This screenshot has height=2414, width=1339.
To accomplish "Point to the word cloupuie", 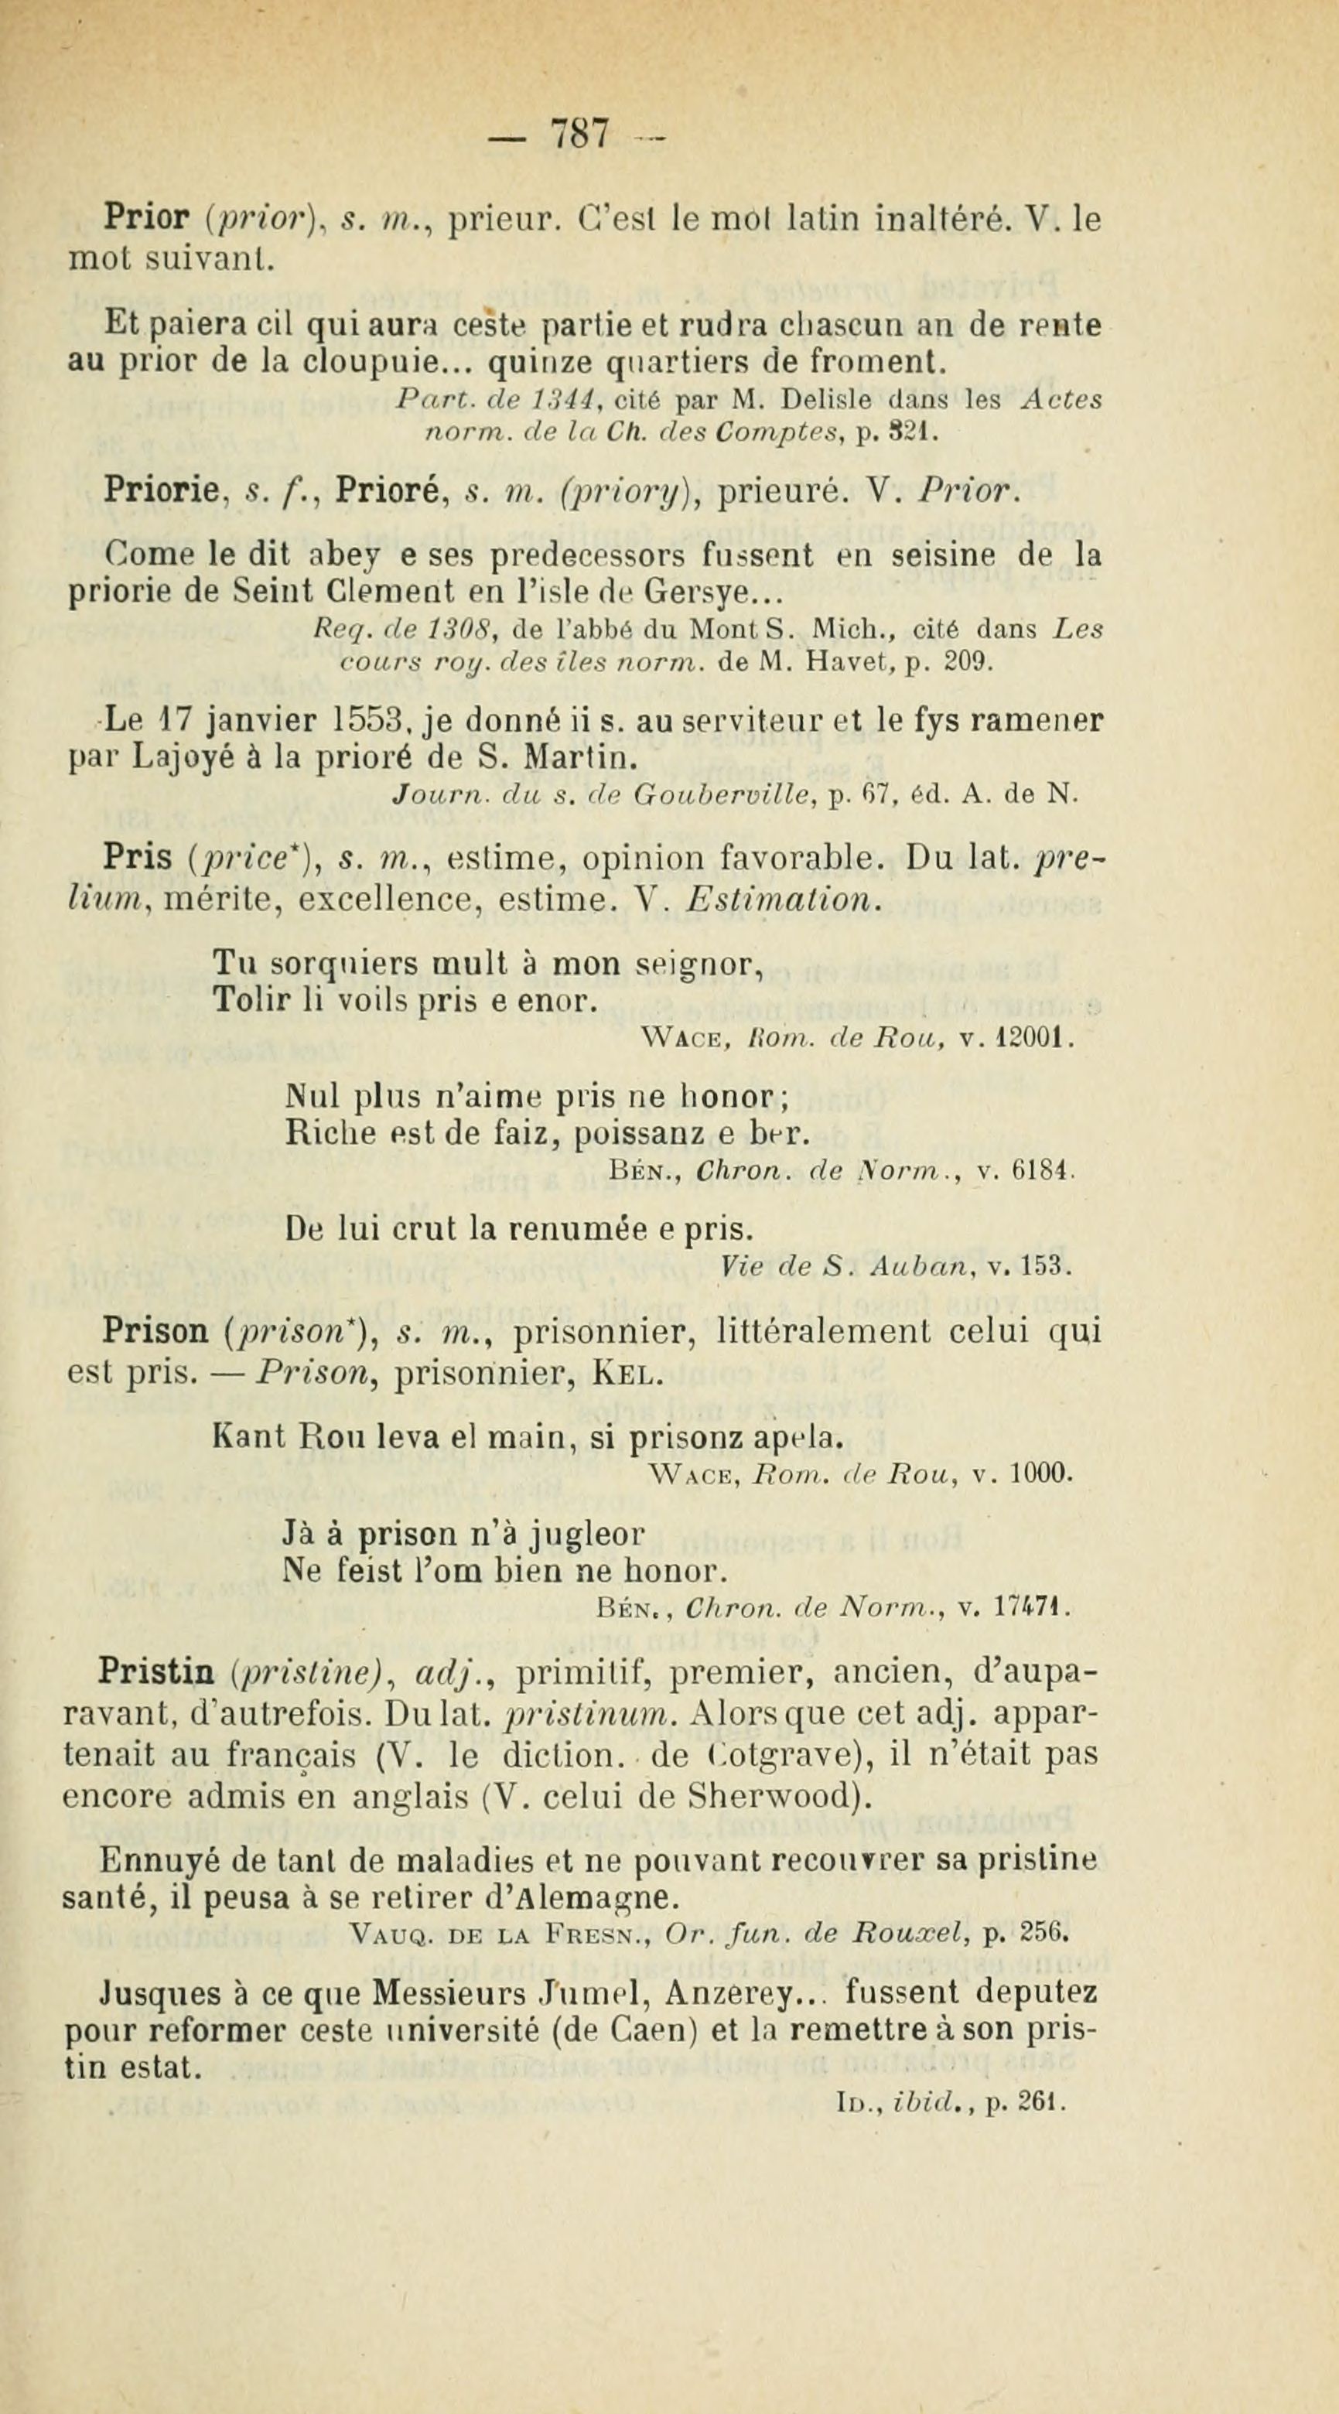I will coord(351,362).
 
